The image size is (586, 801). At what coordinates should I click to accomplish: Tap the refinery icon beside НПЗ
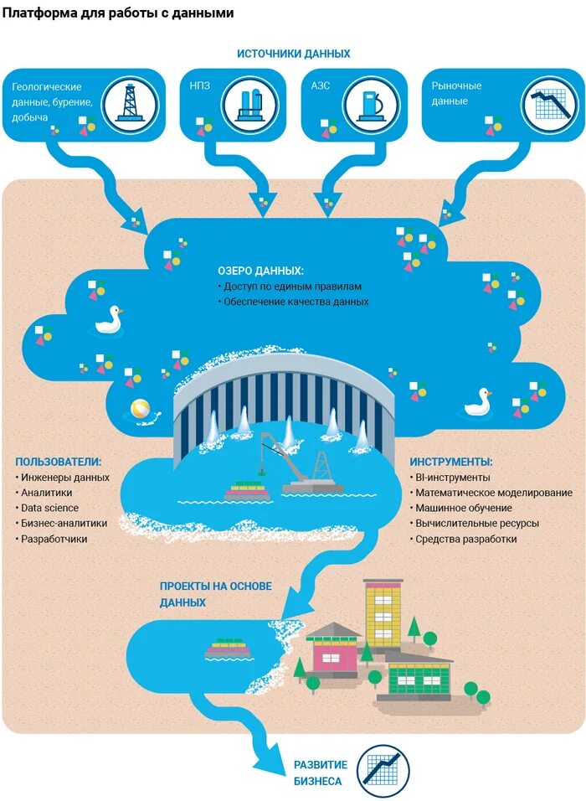[249, 104]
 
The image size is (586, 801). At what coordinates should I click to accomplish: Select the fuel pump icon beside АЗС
[369, 104]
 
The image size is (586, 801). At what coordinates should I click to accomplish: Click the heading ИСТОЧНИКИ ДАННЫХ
[293, 54]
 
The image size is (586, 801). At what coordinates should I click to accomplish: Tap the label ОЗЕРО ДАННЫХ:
[261, 271]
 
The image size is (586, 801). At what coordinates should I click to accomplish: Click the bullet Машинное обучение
[464, 508]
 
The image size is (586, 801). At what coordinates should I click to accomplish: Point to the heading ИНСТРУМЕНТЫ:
[450, 462]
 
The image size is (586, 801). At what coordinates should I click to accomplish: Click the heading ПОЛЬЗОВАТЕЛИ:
[59, 462]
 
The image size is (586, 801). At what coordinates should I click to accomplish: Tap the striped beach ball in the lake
[140, 411]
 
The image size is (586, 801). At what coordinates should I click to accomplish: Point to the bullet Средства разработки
[465, 539]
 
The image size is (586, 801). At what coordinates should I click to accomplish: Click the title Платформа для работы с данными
[117, 13]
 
